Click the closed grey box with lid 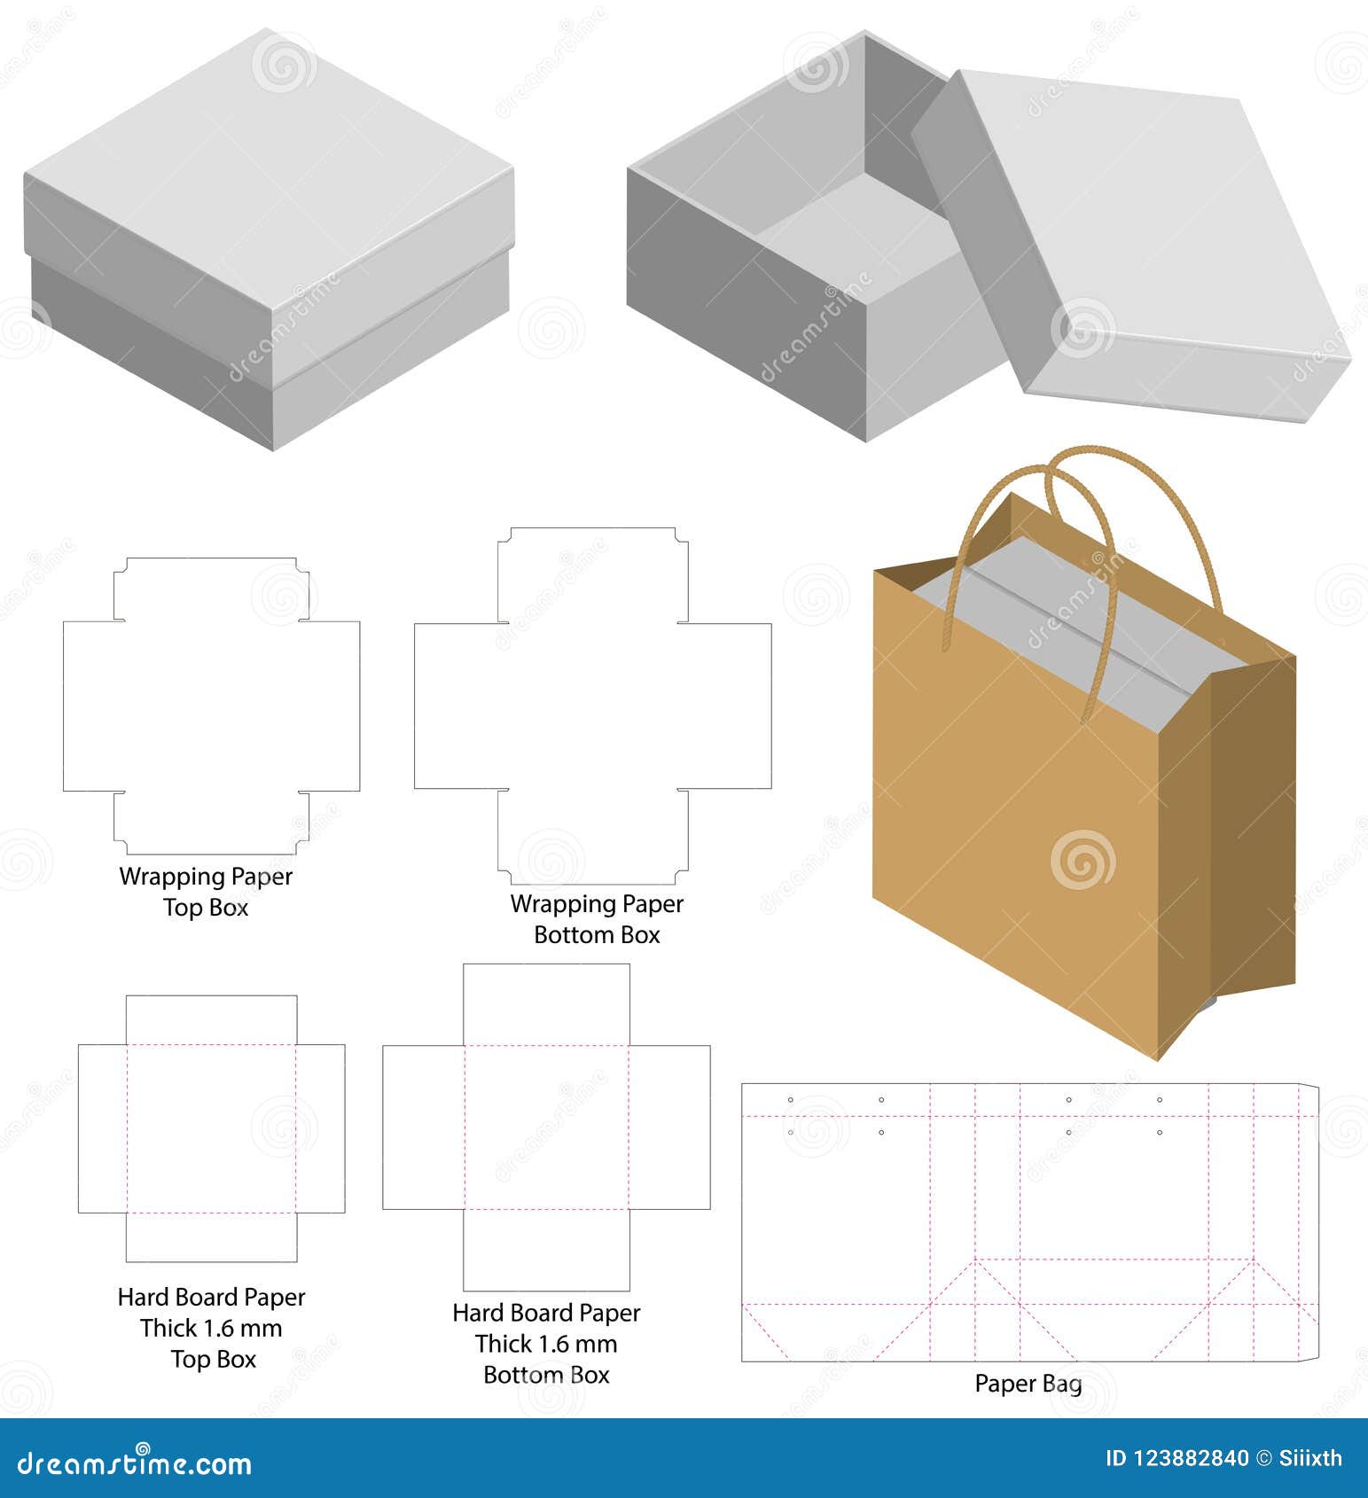point(266,239)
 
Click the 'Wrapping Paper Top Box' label point(206,892)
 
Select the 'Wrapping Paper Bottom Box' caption point(597,919)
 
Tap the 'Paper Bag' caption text point(1028,1384)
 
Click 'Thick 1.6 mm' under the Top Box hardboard point(211,1328)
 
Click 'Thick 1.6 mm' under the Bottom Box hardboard point(546,1344)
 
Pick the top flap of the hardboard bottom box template point(546,1004)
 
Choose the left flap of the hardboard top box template point(102,1128)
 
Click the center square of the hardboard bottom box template point(546,1127)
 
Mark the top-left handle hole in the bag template point(791,1100)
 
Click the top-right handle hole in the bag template point(1160,1100)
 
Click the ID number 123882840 point(1192,1458)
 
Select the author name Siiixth point(1310,1458)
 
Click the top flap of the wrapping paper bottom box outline point(592,576)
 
